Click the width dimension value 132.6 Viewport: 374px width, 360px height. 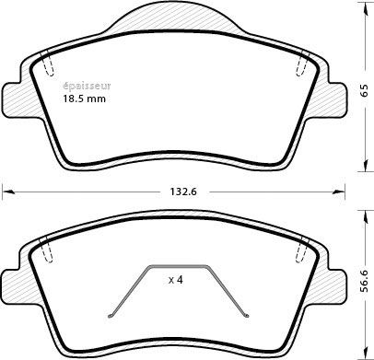tap(183, 192)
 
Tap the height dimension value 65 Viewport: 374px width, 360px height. tap(364, 91)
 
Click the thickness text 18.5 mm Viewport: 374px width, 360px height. tap(84, 99)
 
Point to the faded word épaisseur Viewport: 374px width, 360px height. tap(87, 87)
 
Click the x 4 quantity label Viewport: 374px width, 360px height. tap(176, 280)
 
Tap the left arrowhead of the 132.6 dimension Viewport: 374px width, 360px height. tap(6, 192)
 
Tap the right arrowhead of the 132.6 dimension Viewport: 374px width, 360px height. tap(340, 192)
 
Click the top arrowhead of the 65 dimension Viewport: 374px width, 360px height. tap(366, 6)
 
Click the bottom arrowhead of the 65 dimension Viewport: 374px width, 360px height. tap(366, 166)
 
